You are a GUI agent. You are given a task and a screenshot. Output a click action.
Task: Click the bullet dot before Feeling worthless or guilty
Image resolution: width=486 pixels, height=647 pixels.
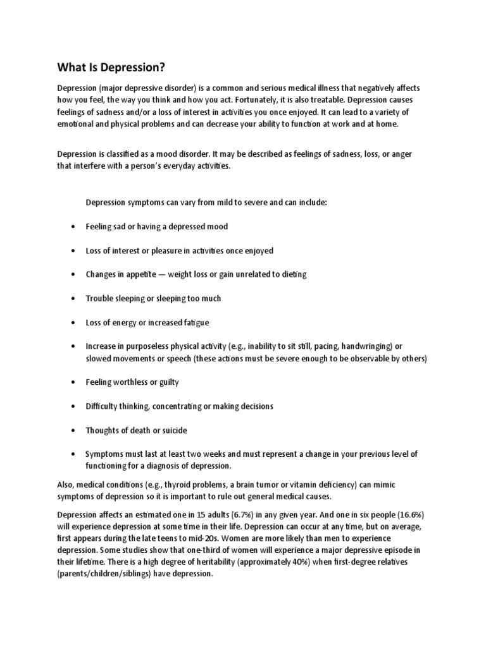[75, 383]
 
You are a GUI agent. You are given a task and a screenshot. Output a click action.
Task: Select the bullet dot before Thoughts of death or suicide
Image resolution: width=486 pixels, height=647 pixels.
[75, 431]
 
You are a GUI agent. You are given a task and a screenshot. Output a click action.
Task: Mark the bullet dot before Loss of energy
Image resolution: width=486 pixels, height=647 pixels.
[75, 323]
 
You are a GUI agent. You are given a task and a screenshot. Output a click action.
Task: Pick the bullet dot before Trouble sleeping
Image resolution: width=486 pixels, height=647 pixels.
[75, 299]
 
